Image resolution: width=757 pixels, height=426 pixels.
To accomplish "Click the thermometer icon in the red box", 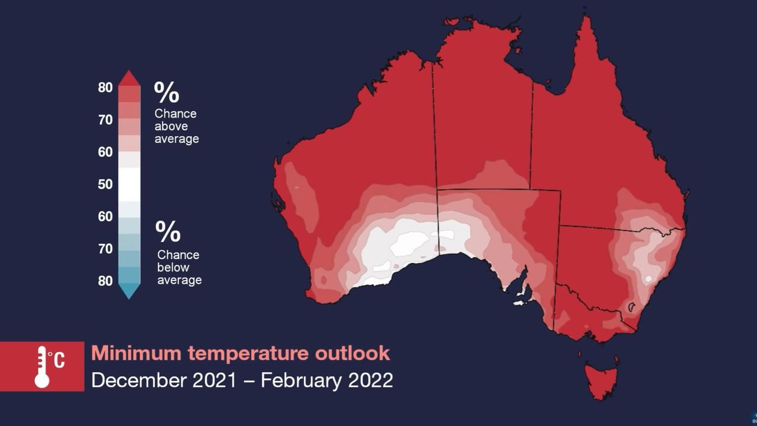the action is tap(41, 367).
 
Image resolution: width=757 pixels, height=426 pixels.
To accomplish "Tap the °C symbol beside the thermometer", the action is tap(57, 360).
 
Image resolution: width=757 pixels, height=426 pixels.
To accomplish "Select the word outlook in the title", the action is tap(352, 353).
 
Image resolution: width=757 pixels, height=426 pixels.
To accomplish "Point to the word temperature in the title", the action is tap(248, 354).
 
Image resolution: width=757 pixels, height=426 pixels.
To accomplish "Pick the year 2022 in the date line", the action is tap(370, 380).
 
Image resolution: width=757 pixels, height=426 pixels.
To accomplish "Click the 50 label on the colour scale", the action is tap(105, 184).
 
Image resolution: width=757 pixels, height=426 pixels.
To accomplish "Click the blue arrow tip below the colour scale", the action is tap(129, 291).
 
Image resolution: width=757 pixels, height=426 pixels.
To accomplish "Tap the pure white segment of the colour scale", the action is tap(129, 185).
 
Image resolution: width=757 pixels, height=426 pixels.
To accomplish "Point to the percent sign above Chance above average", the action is tap(167, 92).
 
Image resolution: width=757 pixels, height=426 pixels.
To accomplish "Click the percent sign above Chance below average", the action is tap(168, 231).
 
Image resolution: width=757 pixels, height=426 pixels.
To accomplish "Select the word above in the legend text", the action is tap(171, 126).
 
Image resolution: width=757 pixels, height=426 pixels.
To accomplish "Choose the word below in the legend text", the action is tap(173, 267).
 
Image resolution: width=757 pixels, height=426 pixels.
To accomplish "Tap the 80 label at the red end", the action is tap(105, 88).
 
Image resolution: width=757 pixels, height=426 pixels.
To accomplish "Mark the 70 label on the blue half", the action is tap(105, 249).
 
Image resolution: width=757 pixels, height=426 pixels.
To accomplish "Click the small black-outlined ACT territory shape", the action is tap(631, 307).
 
